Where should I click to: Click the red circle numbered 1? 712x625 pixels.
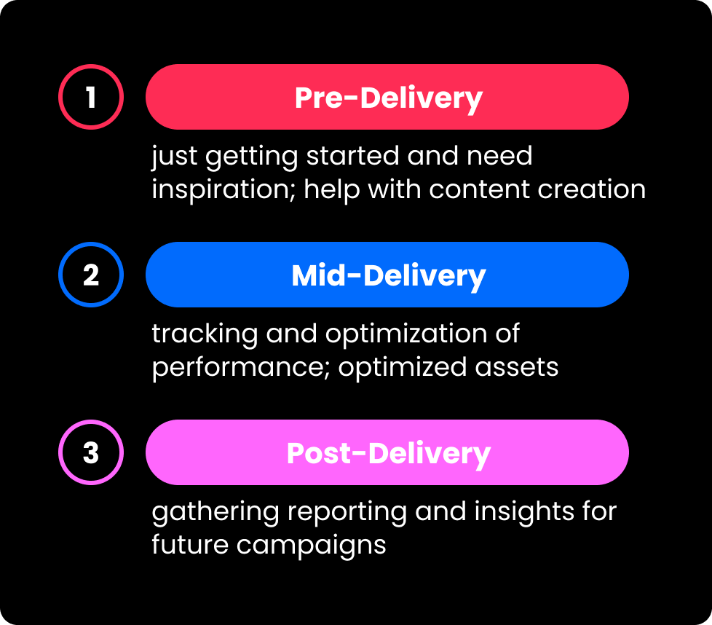[91, 66]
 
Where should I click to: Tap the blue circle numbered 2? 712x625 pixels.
[91, 243]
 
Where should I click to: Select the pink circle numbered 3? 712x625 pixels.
[91, 421]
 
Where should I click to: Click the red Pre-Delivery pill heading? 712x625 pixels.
[387, 97]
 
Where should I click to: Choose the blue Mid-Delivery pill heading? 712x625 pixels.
[387, 275]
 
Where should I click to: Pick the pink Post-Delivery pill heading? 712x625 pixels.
[387, 452]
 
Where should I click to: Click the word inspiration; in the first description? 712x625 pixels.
[224, 190]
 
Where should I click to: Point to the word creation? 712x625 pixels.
[591, 189]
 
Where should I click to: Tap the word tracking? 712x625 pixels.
[205, 335]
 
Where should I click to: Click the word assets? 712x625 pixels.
[516, 367]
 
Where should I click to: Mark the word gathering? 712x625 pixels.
[215, 513]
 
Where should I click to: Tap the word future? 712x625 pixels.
[190, 545]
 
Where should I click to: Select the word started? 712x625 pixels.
[352, 156]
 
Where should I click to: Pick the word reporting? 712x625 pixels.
[347, 513]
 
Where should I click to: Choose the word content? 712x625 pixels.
[479, 189]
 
